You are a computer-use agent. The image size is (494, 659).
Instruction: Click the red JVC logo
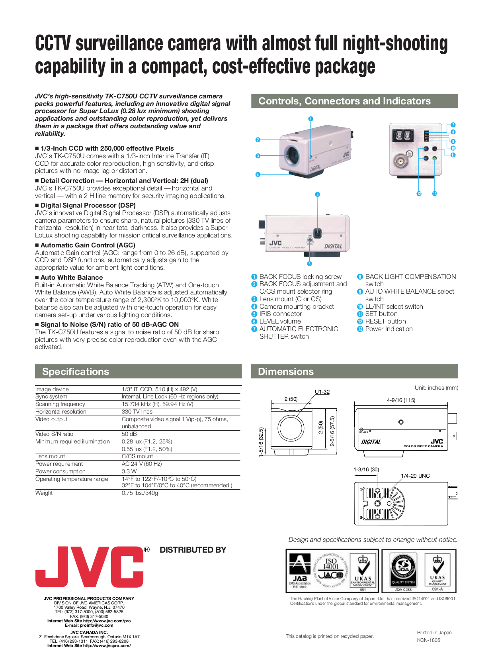(x=90, y=567)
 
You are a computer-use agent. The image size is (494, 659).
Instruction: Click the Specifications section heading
(x=76, y=371)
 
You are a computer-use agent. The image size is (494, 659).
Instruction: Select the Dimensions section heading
(x=286, y=371)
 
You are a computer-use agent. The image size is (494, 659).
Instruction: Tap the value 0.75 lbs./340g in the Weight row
(x=140, y=493)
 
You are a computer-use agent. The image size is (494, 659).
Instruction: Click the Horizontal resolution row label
(x=61, y=412)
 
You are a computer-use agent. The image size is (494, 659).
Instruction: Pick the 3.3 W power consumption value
(x=129, y=471)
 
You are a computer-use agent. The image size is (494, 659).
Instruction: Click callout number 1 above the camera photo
(x=311, y=119)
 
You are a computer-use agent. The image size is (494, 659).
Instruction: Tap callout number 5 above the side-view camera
(x=317, y=194)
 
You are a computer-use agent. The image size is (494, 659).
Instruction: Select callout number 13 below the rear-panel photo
(x=435, y=194)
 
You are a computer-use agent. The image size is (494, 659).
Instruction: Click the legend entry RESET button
(x=385, y=321)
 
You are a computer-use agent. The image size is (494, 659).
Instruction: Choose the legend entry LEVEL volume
(x=280, y=321)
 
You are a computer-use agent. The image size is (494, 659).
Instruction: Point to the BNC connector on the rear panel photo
(x=399, y=161)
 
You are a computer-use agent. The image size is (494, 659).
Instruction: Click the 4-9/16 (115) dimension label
(x=401, y=400)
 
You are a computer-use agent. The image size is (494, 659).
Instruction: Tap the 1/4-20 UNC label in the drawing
(x=415, y=476)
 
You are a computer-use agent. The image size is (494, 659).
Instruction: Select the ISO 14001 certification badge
(x=331, y=571)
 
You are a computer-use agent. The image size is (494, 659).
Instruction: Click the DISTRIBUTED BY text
(x=193, y=550)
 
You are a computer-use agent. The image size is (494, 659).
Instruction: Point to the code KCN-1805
(x=429, y=640)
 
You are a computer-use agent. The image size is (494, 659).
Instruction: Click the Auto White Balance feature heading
(x=72, y=277)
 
